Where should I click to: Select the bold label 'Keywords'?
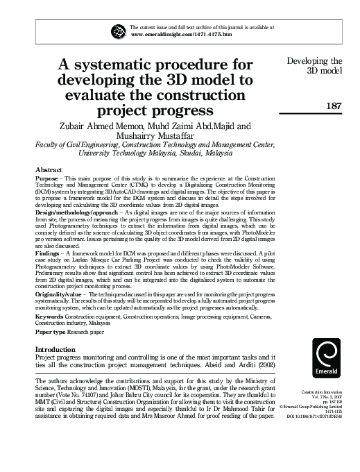(x=49, y=317)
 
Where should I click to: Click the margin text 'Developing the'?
(x=315, y=61)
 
